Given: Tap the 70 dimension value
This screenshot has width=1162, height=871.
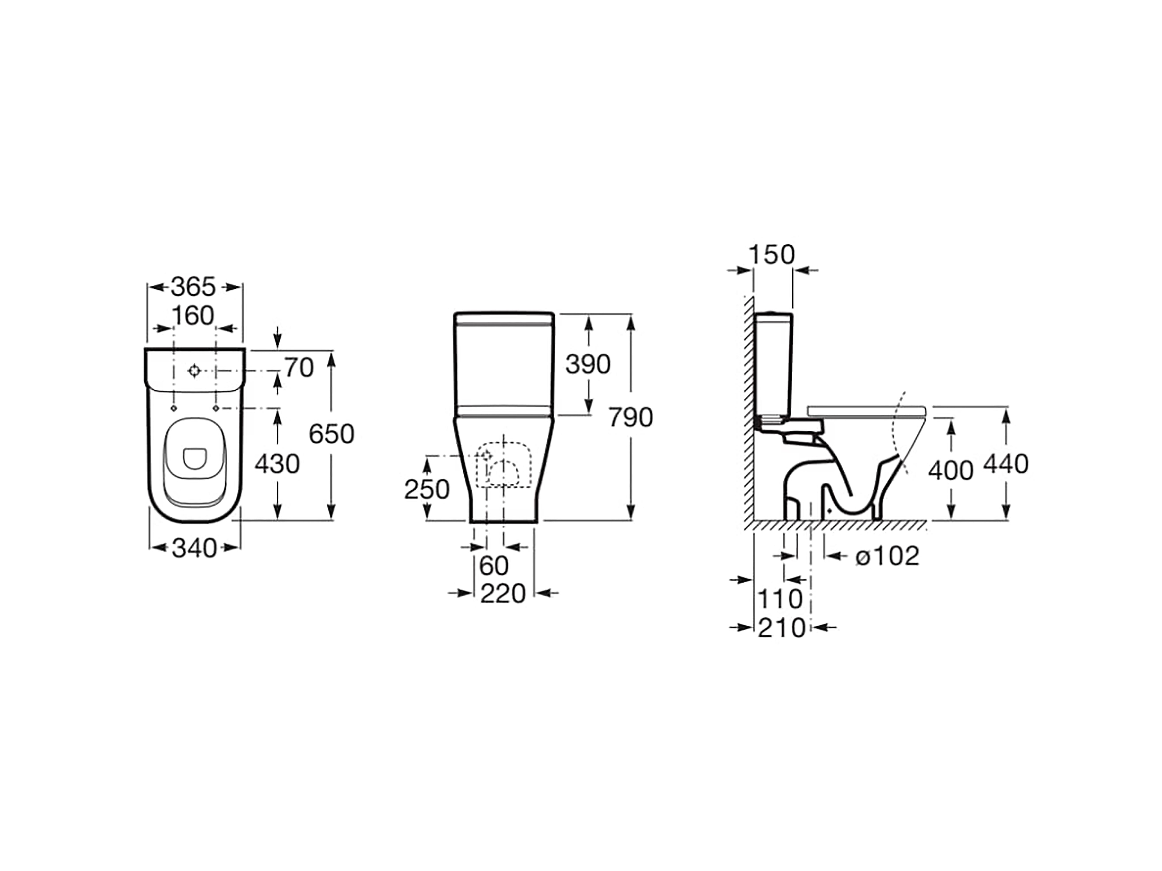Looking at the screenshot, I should tap(299, 368).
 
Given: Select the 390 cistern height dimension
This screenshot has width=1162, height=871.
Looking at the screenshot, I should tap(588, 364).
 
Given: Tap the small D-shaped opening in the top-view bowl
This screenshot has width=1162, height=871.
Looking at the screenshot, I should tap(194, 458).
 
